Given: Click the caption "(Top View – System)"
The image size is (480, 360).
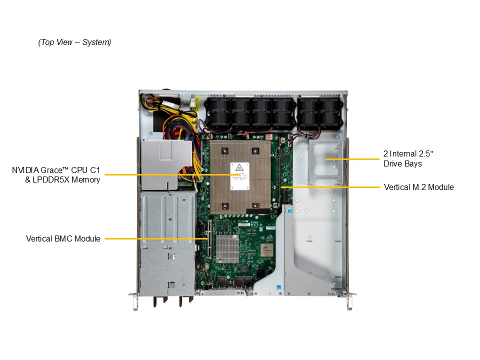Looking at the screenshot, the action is coord(74,42).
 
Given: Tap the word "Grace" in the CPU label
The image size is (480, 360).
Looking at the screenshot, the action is coord(51,170).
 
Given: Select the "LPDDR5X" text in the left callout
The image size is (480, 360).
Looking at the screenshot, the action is coord(51,179).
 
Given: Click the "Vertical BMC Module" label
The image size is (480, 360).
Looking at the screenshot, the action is coord(63,239).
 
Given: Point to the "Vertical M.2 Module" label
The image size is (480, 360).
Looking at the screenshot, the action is coord(419,187).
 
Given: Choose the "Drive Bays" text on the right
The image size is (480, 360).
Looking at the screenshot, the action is coord(402,164).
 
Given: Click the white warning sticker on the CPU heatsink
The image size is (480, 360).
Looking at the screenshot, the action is coord(239,176).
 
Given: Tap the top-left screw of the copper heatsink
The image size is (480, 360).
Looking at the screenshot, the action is coord(225,151).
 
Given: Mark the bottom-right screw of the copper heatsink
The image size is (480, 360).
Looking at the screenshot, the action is coord(255,205).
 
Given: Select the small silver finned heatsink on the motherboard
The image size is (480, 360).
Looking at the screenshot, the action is coord(227,248).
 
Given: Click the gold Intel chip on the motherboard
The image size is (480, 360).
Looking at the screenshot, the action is coord(266,250).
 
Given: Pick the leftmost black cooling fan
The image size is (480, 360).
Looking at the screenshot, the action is coord(218,113).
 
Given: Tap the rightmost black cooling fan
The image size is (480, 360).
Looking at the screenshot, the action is coord(329,114).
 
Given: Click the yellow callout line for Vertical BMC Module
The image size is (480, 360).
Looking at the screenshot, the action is coord(156,239).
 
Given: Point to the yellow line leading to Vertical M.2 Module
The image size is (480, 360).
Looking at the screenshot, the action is coord(330,187).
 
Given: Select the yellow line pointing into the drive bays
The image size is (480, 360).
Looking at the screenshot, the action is coord(352,159).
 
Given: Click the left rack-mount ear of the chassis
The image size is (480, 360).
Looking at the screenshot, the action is coord(134,301).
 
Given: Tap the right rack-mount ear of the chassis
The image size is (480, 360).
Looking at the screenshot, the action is coord(351,301).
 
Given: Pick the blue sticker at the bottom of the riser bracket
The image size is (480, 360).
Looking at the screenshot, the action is coord(279,287).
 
